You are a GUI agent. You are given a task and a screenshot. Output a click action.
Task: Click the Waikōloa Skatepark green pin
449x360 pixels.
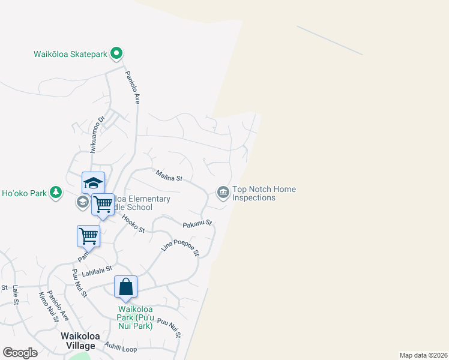[x=117, y=54]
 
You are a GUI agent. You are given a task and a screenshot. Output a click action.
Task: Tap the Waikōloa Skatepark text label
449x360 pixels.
[x=70, y=54]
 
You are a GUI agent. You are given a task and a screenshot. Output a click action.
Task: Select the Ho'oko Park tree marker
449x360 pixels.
[x=56, y=192]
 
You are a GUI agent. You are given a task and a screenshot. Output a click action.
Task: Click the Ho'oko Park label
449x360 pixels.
[x=25, y=193]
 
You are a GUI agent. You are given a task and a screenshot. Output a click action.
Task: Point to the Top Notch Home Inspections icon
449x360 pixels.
[x=223, y=193]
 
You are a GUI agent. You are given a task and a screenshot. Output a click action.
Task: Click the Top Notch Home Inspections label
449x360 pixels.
[x=264, y=193]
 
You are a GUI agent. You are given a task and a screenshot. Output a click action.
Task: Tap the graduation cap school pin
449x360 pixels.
[x=93, y=183]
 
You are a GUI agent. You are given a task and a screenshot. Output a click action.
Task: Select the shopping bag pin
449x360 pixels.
[x=125, y=287]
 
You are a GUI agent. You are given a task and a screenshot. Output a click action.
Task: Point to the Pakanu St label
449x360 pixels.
[x=197, y=224]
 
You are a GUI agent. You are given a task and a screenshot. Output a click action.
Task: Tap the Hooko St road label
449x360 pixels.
[x=134, y=224]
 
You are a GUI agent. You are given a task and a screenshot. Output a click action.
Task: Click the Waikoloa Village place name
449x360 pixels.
[x=78, y=341]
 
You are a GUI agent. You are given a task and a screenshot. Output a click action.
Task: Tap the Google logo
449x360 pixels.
[x=20, y=353]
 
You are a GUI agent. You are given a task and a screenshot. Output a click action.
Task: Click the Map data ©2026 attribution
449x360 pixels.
[x=423, y=355]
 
